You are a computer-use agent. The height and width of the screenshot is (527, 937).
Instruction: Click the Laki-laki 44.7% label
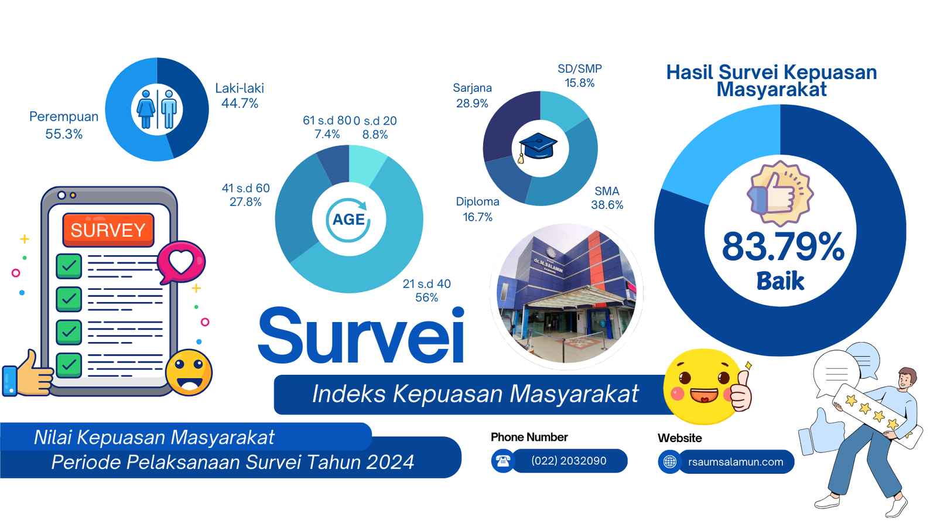tap(240, 96)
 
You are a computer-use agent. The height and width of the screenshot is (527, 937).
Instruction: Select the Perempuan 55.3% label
tap(64, 125)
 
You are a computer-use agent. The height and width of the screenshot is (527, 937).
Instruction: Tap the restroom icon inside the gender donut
tap(157, 109)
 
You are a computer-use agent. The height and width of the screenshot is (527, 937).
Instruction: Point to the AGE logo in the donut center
tap(348, 220)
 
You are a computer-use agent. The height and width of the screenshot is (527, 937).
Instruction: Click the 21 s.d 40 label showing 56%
tap(427, 290)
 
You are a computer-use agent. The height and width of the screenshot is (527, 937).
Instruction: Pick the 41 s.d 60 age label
tap(245, 195)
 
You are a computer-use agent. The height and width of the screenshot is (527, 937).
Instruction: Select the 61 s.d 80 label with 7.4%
tap(327, 127)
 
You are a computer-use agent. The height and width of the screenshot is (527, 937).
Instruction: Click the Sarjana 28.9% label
tap(472, 95)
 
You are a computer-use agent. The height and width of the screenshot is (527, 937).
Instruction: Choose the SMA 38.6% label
tap(607, 198)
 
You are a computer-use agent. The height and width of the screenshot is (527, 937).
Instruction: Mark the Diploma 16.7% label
tap(478, 209)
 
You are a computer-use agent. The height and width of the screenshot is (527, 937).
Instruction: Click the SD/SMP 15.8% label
tap(580, 76)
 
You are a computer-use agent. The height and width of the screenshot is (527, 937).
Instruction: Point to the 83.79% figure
tap(783, 247)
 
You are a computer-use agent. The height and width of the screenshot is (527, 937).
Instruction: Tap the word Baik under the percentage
tap(780, 280)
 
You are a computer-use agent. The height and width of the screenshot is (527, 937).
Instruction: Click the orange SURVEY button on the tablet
tap(108, 230)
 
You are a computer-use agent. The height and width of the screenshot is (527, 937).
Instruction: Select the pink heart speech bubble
tap(181, 262)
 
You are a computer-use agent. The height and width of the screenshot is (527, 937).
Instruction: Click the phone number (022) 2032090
tap(569, 461)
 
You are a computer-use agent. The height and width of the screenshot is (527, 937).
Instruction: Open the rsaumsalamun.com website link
tap(736, 462)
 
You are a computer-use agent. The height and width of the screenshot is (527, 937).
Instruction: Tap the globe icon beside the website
tap(670, 462)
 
